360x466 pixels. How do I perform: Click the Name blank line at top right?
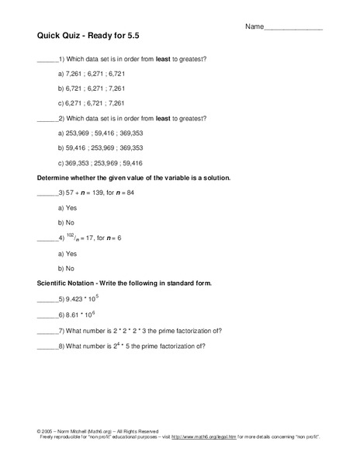[294, 28]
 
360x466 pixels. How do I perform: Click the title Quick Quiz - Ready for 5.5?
[89, 36]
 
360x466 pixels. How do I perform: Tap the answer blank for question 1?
[47, 60]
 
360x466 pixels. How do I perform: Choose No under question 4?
[67, 268]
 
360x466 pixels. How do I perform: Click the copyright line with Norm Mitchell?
[97, 431]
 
